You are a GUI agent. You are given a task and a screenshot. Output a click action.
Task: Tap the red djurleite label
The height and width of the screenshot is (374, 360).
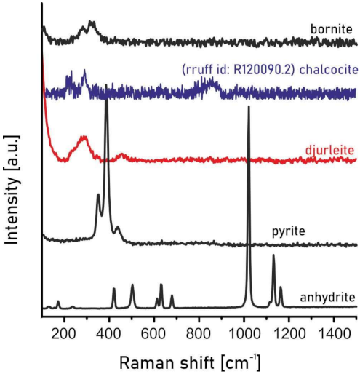coord(332,151)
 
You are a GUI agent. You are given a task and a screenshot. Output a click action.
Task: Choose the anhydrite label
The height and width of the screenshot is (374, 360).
coord(327,297)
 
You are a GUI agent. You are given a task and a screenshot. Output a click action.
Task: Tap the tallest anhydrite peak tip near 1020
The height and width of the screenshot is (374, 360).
coord(249,108)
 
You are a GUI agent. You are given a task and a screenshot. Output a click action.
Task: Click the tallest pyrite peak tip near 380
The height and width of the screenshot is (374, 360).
coord(107,98)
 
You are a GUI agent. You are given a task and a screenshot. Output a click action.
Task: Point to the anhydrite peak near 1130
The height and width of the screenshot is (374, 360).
coord(273,256)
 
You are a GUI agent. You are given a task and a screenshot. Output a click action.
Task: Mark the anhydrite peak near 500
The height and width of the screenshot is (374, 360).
coord(132,285)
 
